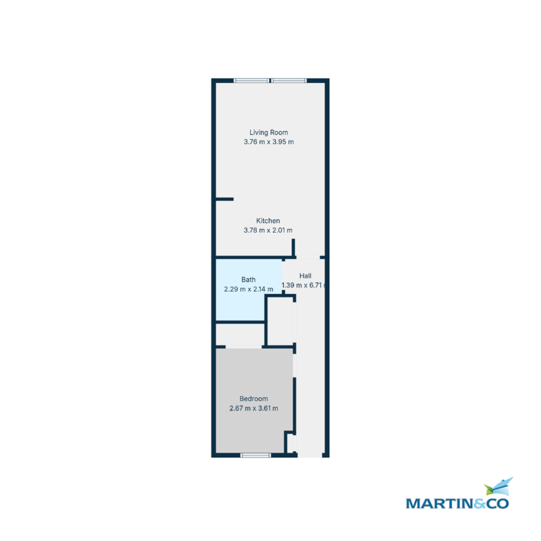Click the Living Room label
268,132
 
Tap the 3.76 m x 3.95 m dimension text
268,142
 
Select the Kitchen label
268,220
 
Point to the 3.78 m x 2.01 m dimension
268,230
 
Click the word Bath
248,280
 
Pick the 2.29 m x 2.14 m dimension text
248,289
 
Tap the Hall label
305,276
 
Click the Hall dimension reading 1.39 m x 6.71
303,285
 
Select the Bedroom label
253,399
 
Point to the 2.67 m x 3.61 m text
253,408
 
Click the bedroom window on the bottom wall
256,455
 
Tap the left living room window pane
251,81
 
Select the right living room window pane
289,81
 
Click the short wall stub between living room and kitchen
225,199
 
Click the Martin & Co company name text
457,504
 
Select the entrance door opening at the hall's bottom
310,455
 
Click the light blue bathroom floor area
240,303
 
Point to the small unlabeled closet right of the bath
280,321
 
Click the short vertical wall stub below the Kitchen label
293,247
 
